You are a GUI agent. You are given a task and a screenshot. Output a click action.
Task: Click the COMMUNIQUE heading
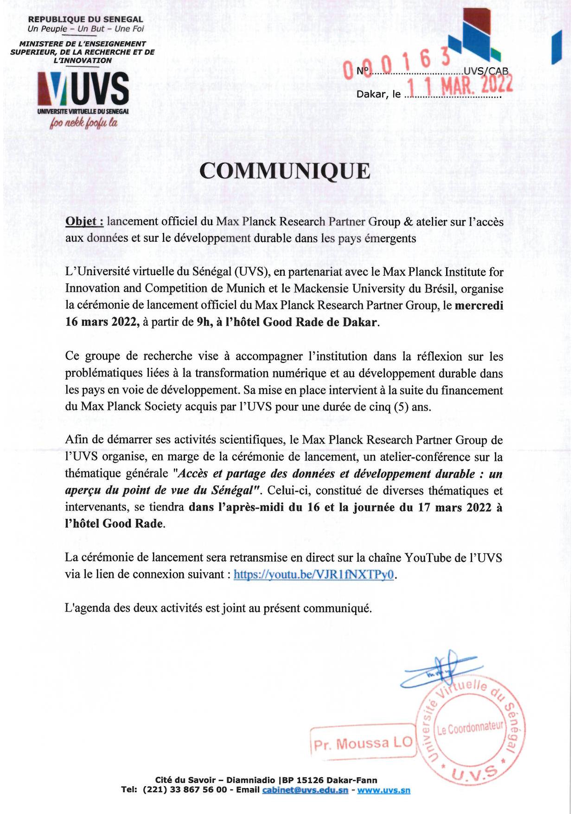(285, 171)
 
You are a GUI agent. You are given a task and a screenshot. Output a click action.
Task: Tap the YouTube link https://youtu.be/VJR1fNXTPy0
(313, 575)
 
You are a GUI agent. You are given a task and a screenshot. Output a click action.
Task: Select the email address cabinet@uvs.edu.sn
(305, 790)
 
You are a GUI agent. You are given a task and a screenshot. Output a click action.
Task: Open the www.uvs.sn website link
(383, 790)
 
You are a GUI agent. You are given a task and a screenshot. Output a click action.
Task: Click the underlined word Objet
(83, 221)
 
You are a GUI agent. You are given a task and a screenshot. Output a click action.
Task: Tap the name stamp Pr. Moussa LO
(363, 743)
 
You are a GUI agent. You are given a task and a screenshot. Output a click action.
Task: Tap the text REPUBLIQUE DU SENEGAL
(86, 19)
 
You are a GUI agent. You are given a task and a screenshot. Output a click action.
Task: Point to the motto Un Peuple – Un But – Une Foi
(86, 29)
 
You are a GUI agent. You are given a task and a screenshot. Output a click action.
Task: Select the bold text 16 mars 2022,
(102, 322)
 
